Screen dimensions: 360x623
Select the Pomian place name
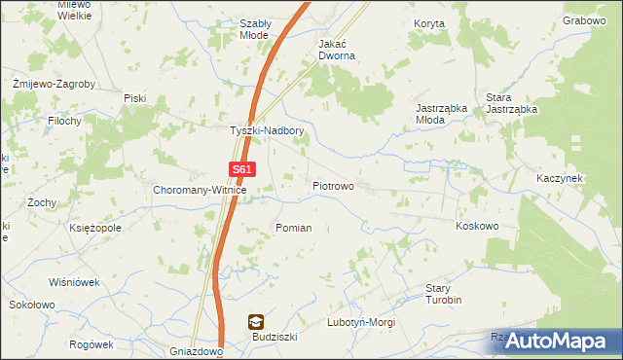(293, 228)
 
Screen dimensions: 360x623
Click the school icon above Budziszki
(255, 321)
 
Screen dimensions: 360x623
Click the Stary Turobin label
(443, 295)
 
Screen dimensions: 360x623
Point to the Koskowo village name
(477, 226)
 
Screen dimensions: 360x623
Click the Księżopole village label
(95, 228)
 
